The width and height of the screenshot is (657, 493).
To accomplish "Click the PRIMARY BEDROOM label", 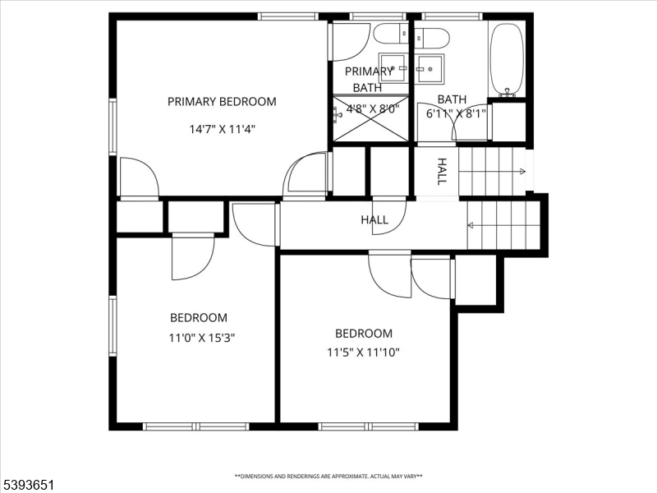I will point(222,102).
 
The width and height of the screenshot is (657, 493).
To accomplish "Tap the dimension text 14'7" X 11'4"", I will point(222,128).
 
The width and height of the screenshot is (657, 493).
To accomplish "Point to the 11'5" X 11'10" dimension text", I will point(363,353).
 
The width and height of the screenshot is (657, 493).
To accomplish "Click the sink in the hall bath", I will point(430,68).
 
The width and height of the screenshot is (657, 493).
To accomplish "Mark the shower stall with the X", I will point(370,119).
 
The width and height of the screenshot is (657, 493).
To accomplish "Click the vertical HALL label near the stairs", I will point(442,172).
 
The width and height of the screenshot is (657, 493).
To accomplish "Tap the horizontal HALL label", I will point(374,220).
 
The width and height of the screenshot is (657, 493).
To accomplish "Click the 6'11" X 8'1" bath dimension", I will point(456,114).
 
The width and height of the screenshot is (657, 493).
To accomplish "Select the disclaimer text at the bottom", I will point(328,476).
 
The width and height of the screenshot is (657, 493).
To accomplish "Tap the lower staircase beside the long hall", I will point(503,225).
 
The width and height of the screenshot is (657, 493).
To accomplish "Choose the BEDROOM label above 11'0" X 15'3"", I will point(199,318).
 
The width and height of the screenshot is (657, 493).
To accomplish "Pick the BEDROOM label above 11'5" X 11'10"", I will point(363,334).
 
